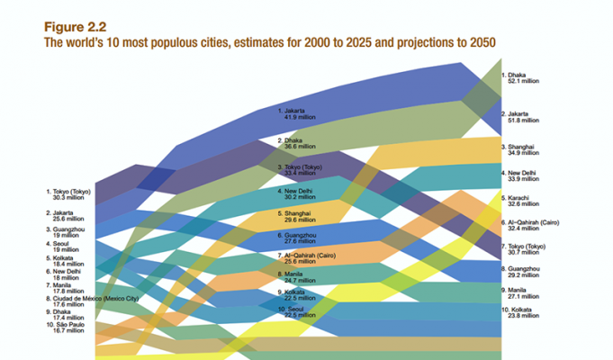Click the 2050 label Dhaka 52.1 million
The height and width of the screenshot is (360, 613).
(x=521, y=79)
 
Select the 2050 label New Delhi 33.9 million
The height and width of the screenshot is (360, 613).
(x=523, y=175)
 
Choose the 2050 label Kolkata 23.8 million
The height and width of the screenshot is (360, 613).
(x=523, y=314)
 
